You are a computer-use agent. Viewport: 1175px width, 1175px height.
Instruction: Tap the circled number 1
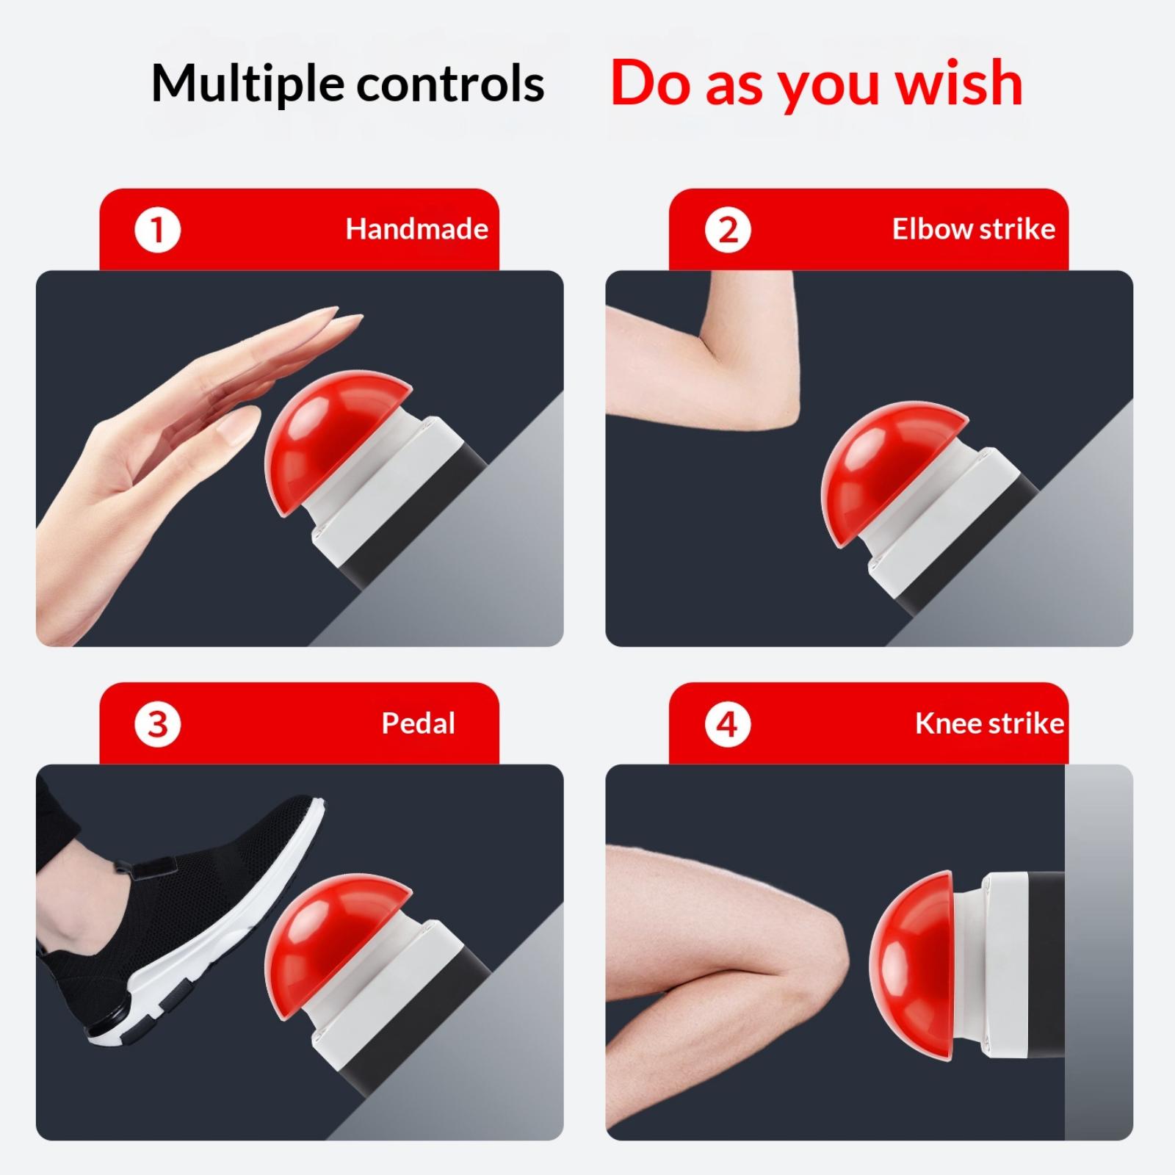click(x=157, y=230)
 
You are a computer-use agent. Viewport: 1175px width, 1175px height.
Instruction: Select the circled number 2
click(x=727, y=230)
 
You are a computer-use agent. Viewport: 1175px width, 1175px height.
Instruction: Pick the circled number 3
click(x=157, y=724)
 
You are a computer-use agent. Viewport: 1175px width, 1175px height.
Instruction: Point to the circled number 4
click(x=727, y=724)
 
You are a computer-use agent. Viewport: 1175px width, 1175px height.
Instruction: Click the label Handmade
click(x=417, y=229)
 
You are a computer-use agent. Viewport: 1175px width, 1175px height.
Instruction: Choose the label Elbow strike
click(x=974, y=229)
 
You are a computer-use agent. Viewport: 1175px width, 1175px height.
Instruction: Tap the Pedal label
click(x=418, y=724)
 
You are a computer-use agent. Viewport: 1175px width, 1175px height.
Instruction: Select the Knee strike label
click(x=989, y=724)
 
